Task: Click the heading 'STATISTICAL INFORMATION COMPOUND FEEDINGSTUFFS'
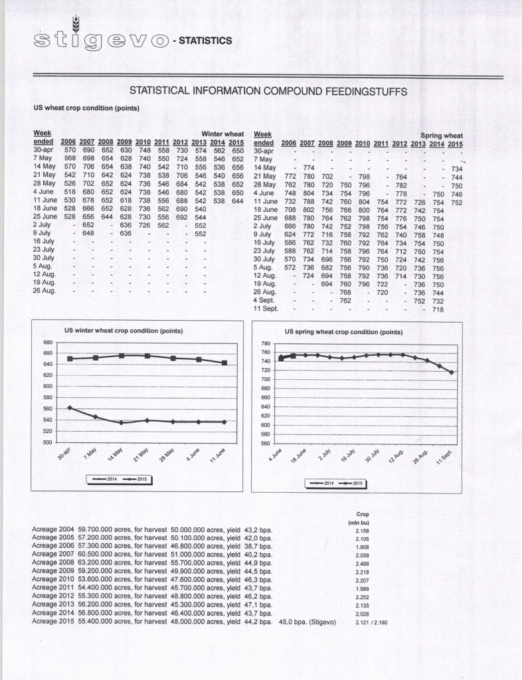pyautogui.click(x=268, y=90)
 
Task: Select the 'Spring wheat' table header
pyautogui.click(x=442, y=135)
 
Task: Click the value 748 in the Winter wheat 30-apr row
pyautogui.click(x=143, y=151)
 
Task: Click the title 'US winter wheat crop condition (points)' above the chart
pyautogui.click(x=124, y=330)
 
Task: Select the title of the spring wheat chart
pyautogui.click(x=343, y=331)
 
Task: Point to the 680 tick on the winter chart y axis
pyautogui.click(x=47, y=343)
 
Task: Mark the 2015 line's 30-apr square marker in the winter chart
pyautogui.click(x=70, y=359)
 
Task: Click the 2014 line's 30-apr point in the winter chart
pyautogui.click(x=70, y=408)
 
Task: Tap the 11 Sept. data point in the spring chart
pyautogui.click(x=452, y=373)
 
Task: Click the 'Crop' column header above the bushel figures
pyautogui.click(x=363, y=514)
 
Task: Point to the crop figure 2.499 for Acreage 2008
pyautogui.click(x=363, y=561)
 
